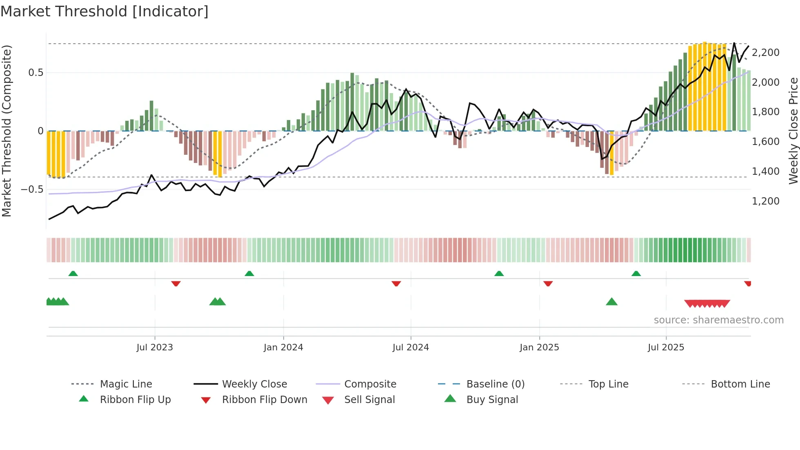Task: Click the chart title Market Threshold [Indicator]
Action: click(x=104, y=11)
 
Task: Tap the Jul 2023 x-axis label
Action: click(x=155, y=348)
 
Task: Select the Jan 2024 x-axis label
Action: click(x=283, y=348)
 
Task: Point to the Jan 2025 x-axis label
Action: click(x=539, y=348)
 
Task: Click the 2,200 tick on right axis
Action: click(x=765, y=53)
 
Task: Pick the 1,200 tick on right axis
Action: click(x=765, y=201)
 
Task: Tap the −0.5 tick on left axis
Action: click(x=32, y=189)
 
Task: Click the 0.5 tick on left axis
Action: click(x=36, y=73)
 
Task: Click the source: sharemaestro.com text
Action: click(x=718, y=320)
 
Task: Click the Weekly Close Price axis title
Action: click(x=793, y=131)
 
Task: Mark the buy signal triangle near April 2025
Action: click(x=611, y=302)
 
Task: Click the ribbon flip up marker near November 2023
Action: click(x=249, y=274)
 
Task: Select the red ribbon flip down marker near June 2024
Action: click(x=396, y=283)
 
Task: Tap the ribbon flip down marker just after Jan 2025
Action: click(x=548, y=283)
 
